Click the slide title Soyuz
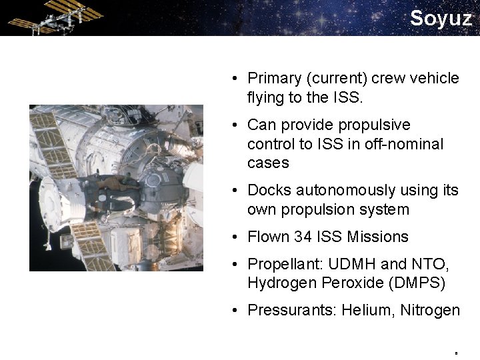440,18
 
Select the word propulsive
374,125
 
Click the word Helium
373,310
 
